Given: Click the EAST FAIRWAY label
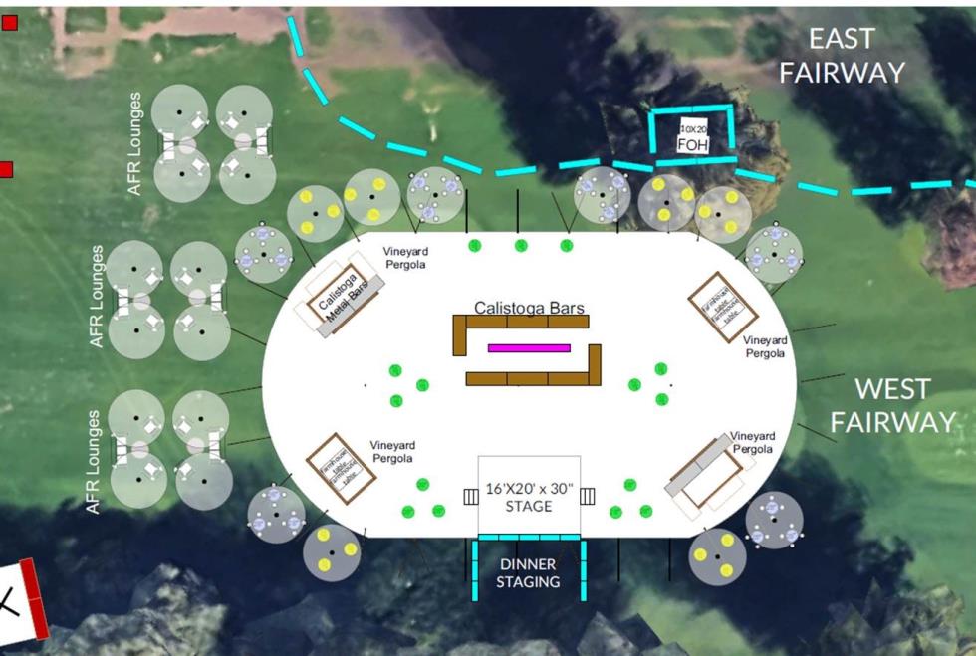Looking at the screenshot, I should pos(842,55).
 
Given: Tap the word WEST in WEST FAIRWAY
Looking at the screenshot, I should pos(892,388).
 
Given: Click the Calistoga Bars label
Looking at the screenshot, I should pos(529,308).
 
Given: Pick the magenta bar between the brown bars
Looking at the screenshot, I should pos(529,348).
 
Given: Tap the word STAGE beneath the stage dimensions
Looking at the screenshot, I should pos(528,507).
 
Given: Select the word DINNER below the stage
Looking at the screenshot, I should pos(528,564).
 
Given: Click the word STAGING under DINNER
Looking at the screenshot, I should pos(528,581).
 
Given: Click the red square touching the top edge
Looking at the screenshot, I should pos(9,22).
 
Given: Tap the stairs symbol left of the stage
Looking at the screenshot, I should pos(471,496).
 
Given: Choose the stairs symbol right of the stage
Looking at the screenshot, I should pos(587,496).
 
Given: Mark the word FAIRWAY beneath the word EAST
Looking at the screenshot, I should pos(842,72).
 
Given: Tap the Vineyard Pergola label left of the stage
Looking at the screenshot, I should pos(392,452).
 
